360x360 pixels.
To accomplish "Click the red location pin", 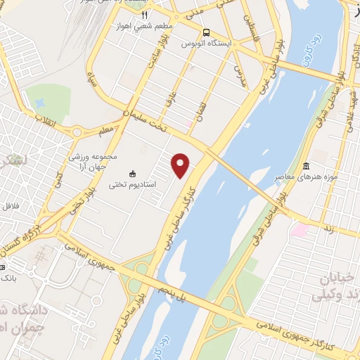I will point(181,166).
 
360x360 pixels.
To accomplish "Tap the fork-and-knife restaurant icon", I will point(145,14).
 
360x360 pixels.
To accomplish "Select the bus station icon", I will point(206,32).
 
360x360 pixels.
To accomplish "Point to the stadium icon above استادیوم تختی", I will point(132,173).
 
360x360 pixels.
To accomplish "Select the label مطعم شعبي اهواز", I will point(144,27).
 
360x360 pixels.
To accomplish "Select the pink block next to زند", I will point(300,229).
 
